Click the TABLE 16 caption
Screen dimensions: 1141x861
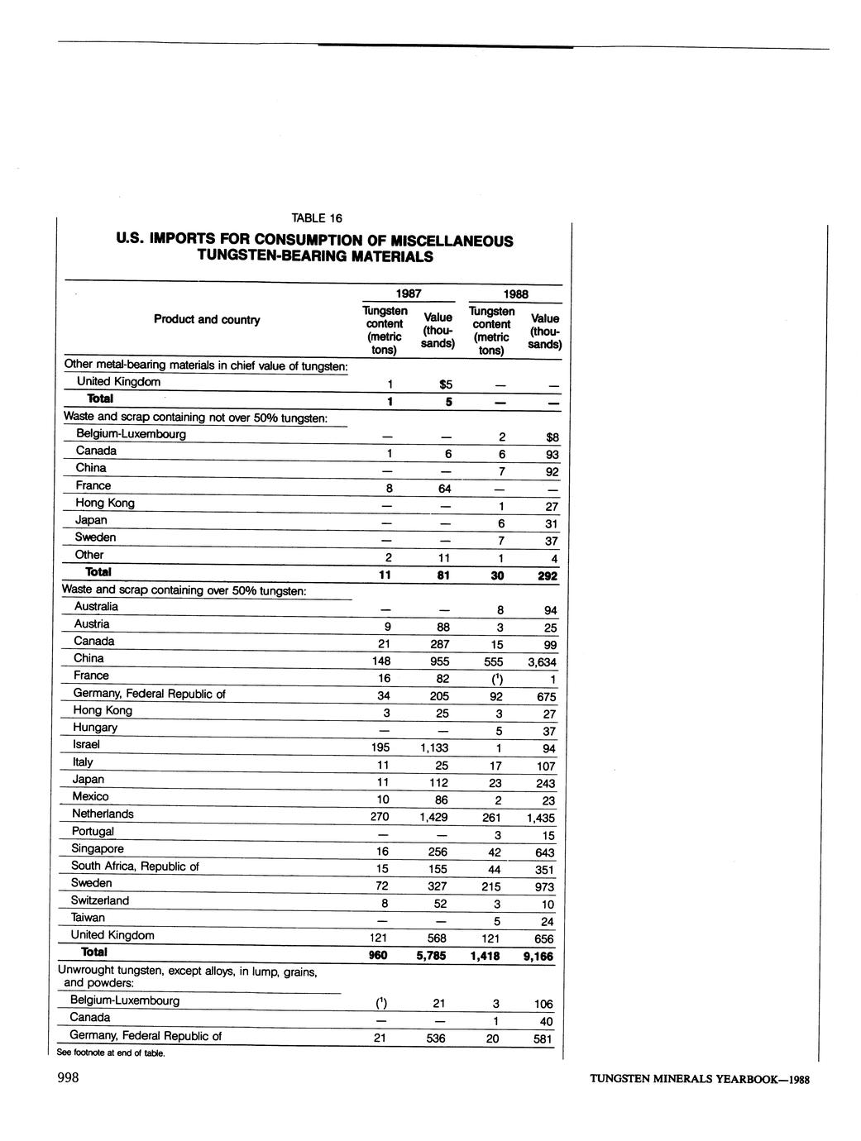coord(316,218)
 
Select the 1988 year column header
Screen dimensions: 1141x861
coord(514,294)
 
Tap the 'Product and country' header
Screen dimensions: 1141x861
coord(207,319)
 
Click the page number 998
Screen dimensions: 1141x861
coord(68,1077)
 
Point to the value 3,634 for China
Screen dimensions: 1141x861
coord(542,662)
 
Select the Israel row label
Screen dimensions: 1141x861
coord(87,745)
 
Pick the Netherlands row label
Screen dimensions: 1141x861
coord(103,814)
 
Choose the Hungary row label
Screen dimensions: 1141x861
coord(95,728)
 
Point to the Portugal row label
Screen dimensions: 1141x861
coord(93,832)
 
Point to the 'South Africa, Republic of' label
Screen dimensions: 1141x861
coord(135,866)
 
